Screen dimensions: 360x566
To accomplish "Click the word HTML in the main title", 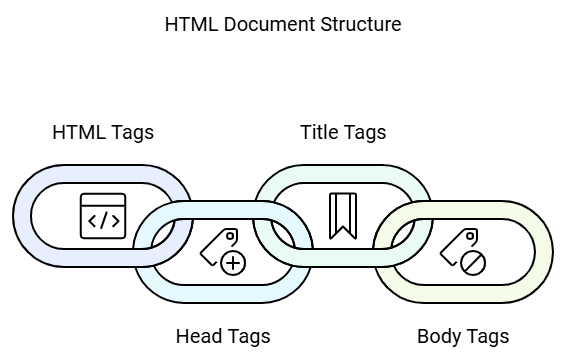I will (x=186, y=24).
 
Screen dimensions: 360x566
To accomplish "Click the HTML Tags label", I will (x=103, y=132).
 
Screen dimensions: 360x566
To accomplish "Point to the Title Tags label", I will (x=343, y=132).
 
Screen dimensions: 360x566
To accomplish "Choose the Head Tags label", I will (x=223, y=336).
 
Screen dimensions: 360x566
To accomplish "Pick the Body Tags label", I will (x=463, y=336).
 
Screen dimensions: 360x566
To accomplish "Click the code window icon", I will (x=103, y=216).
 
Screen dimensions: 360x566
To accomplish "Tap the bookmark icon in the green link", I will (x=343, y=214).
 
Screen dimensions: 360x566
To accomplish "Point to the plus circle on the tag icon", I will (x=233, y=263).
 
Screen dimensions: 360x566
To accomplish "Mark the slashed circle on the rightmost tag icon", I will (x=473, y=263).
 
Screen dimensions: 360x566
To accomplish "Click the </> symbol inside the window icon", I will (x=103, y=221).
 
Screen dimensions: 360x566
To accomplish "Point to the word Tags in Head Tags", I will (x=248, y=336).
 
